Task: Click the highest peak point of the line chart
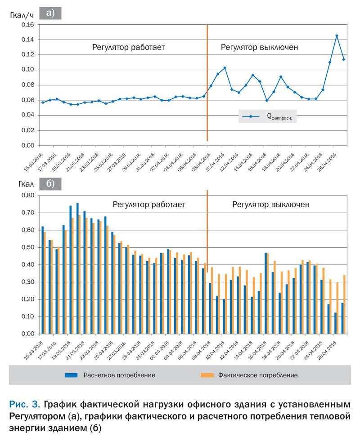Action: tap(337, 36)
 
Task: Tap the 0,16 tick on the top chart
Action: tap(27, 25)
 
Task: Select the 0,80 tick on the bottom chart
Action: tap(27, 196)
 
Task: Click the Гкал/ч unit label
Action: tap(22, 15)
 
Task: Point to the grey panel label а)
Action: tap(50, 13)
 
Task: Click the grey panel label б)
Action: tap(50, 184)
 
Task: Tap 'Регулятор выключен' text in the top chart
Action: tap(259, 47)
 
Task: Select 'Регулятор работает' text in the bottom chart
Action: tap(149, 205)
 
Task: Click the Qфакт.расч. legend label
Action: tap(279, 116)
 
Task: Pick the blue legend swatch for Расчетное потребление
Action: tap(71, 375)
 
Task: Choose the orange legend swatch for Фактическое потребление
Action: tap(207, 375)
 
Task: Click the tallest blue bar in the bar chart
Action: tap(77, 268)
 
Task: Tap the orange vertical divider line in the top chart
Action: tap(207, 83)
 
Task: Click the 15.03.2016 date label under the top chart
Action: tap(33, 162)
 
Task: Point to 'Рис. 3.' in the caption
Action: tap(25, 404)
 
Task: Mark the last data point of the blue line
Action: tap(344, 59)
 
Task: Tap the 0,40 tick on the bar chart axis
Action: tap(27, 264)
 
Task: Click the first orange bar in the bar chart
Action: tap(45, 283)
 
